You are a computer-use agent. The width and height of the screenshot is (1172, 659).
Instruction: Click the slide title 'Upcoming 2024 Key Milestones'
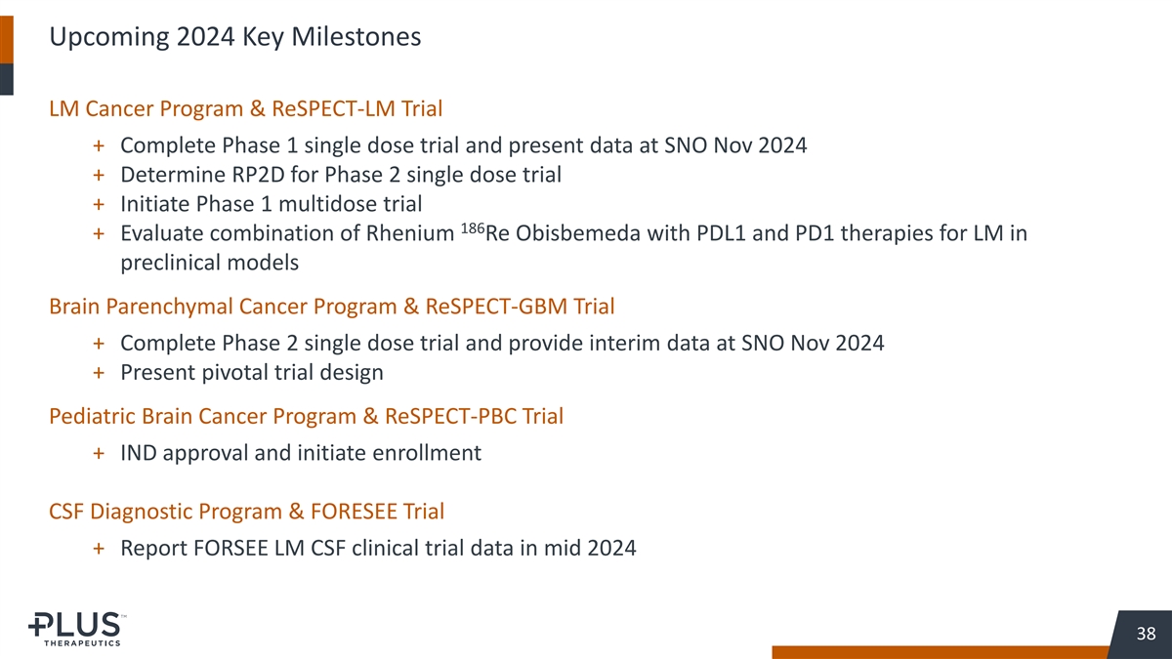235,37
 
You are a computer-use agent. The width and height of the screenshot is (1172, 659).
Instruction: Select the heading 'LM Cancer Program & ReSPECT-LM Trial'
245,108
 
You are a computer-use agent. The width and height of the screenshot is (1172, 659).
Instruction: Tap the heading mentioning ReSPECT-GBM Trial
332,307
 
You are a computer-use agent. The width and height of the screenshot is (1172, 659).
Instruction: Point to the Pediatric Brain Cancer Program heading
306,416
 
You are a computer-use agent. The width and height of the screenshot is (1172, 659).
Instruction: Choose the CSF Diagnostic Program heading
246,512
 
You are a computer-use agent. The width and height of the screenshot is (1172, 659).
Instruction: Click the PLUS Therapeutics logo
77,629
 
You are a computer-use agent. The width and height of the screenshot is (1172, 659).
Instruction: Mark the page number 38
1146,634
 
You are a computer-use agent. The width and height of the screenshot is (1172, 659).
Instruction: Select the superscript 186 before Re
473,228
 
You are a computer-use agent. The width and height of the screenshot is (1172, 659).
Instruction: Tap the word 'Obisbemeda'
577,233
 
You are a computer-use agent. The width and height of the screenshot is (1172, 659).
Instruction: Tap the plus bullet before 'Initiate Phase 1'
99,204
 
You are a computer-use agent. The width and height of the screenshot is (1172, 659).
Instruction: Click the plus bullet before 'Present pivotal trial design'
99,373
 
